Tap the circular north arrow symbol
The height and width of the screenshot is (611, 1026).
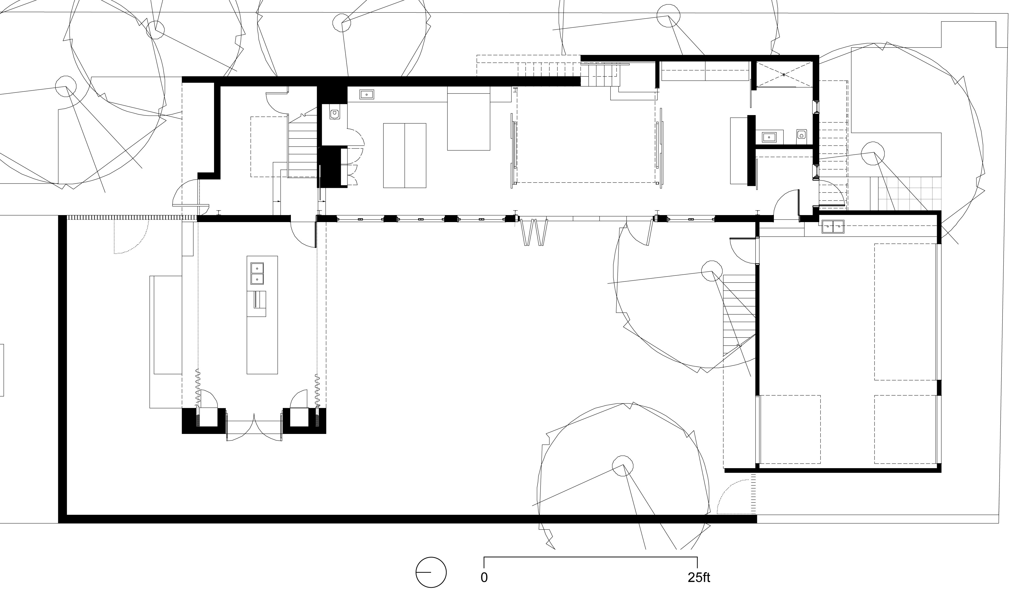coord(431,572)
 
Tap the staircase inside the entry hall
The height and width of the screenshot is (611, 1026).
coord(303,146)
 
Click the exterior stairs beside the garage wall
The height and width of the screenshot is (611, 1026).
coord(739,315)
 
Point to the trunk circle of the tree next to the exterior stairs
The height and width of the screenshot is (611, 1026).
coord(711,271)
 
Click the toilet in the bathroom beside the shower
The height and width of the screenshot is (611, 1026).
coord(801,134)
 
